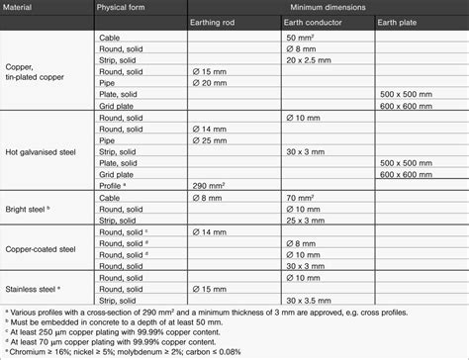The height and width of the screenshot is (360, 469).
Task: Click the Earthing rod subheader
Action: (214, 21)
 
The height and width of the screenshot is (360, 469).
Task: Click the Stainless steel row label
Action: (33, 288)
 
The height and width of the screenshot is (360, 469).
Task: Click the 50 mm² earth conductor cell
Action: (300, 36)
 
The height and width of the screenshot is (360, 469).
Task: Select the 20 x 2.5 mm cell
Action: (308, 59)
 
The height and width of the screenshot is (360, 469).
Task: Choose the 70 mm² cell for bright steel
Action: (300, 197)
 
